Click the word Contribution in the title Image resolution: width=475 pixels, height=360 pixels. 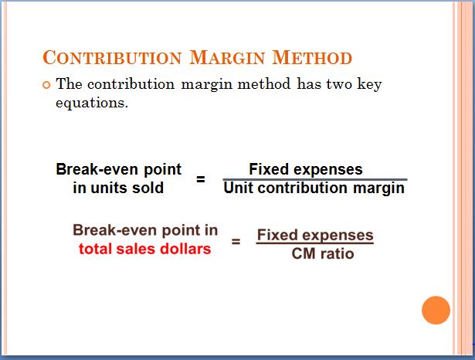point(112,57)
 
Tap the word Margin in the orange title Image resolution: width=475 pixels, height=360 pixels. point(227,57)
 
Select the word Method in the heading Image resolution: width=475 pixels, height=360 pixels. point(312,57)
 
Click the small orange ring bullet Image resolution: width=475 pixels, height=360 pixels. point(46,85)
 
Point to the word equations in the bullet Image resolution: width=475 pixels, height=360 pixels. point(92,104)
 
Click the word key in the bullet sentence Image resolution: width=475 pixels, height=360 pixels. point(369,84)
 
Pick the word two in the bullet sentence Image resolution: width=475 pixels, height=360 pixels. point(338,84)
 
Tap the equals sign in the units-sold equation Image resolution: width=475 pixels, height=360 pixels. point(201,179)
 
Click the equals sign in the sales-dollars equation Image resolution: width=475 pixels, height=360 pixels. point(236,242)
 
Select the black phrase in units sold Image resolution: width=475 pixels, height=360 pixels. point(118,188)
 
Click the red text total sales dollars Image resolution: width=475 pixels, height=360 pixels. point(144,249)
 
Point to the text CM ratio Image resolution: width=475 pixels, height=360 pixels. point(323,253)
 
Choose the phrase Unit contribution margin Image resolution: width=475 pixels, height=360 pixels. point(314,188)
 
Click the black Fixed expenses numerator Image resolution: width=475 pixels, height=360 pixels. point(306,169)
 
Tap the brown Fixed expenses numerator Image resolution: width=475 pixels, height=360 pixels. point(315,235)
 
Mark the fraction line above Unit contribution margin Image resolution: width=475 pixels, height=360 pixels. point(315,180)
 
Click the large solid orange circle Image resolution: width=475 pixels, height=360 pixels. point(436,311)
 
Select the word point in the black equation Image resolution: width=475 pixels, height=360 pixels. point(163,170)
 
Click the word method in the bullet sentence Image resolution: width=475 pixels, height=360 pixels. point(264,84)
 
